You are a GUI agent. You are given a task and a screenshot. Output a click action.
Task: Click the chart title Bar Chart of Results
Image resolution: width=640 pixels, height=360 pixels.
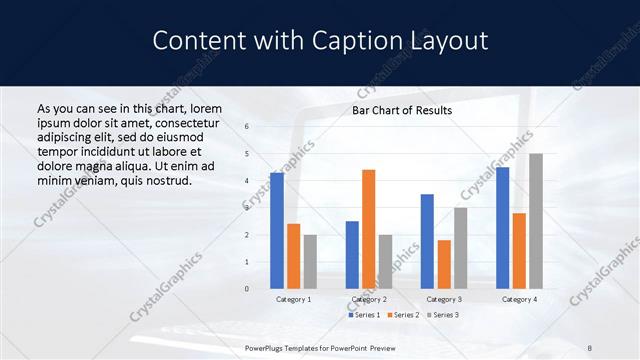click(401, 110)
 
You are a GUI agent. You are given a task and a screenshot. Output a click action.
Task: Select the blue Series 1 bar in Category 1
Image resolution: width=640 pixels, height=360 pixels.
click(277, 230)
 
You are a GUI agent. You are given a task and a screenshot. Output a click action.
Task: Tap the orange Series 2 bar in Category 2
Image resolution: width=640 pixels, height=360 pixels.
click(368, 229)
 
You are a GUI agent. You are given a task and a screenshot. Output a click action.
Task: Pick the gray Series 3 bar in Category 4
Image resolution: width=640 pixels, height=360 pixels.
click(536, 221)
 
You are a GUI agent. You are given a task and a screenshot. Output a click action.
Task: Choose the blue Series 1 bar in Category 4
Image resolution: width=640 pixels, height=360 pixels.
click(502, 227)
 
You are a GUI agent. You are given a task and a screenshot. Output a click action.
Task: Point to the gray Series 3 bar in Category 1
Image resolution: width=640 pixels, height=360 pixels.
click(310, 261)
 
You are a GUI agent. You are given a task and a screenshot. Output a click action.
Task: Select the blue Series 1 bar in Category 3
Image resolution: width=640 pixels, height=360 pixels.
click(427, 241)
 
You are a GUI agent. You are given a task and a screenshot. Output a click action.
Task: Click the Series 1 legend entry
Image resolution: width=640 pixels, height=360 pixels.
click(364, 315)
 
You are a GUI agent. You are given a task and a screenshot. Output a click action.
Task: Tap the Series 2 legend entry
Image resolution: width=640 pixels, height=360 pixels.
click(403, 315)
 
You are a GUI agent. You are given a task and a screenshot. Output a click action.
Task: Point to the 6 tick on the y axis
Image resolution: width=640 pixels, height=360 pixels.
click(247, 128)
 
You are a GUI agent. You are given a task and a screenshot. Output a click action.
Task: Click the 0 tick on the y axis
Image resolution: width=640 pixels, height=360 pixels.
click(247, 289)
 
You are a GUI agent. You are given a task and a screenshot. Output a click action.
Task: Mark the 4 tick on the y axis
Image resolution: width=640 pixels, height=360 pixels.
click(247, 181)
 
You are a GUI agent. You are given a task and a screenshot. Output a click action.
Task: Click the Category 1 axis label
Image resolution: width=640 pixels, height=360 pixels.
click(294, 299)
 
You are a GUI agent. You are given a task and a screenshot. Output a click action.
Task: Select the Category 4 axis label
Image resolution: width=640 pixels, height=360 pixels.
click(519, 299)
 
